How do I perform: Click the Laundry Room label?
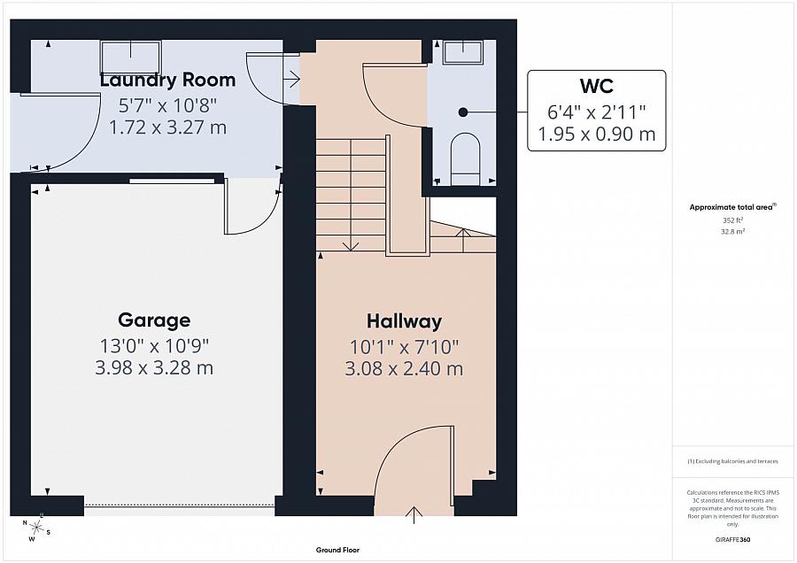pos(167,80)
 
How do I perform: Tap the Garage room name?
pos(154,320)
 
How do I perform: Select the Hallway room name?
pos(404,321)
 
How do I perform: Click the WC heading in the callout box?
pos(597,86)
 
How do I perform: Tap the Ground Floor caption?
pos(337,550)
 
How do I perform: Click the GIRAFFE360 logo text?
pos(732,539)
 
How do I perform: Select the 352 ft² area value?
pos(732,220)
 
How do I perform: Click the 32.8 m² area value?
pos(732,230)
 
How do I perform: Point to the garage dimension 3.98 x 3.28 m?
pos(154,367)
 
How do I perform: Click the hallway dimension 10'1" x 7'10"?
pos(404,346)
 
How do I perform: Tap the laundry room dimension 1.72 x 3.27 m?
pos(167,127)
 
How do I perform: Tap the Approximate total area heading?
pos(732,207)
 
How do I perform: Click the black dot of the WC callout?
pos(462,112)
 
